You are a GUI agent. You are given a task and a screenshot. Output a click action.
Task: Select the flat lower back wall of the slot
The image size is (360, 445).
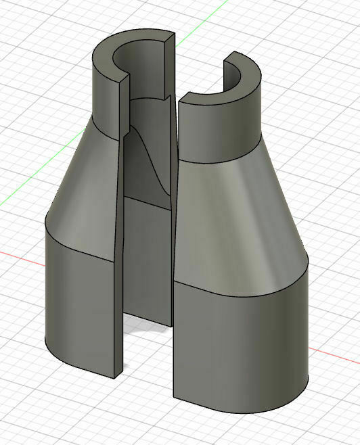pyautogui.click(x=148, y=257)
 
